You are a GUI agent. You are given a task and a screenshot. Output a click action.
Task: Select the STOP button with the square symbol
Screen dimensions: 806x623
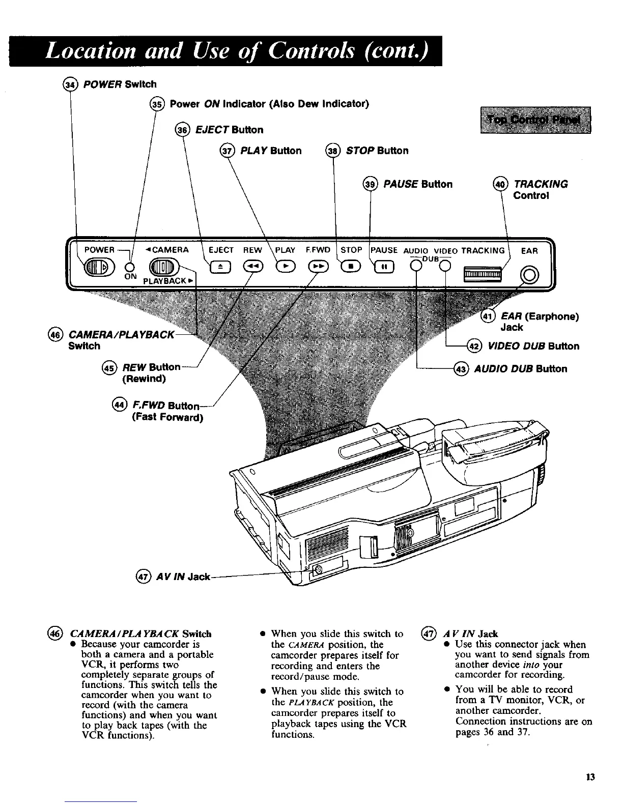point(351,266)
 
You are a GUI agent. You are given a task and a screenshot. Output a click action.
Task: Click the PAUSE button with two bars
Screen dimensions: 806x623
point(384,266)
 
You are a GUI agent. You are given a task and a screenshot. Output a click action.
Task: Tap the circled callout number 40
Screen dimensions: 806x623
point(501,184)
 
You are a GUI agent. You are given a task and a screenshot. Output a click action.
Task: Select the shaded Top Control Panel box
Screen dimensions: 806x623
point(535,120)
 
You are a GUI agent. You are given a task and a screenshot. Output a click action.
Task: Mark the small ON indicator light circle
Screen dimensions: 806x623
point(130,267)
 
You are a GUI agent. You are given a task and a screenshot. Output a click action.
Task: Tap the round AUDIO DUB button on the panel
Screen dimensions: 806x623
point(417,265)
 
